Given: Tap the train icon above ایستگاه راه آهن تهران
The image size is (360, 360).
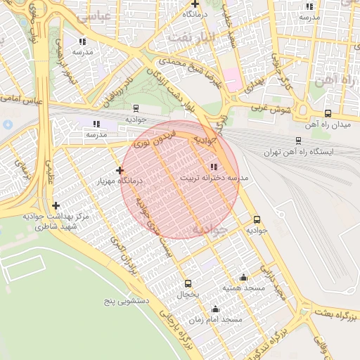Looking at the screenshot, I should coord(298,141).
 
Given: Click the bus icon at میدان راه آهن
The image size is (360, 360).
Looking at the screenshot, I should coord(328,113).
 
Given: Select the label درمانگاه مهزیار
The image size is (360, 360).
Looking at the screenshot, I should coord(122,181).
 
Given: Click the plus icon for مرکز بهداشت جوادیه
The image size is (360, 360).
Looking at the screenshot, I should coord(56,206).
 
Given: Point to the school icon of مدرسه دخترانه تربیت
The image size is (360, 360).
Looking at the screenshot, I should coord(214,167).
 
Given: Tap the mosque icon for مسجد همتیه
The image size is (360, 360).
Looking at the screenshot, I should coord(243,277).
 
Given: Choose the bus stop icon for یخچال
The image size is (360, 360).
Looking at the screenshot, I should coord(188,283).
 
